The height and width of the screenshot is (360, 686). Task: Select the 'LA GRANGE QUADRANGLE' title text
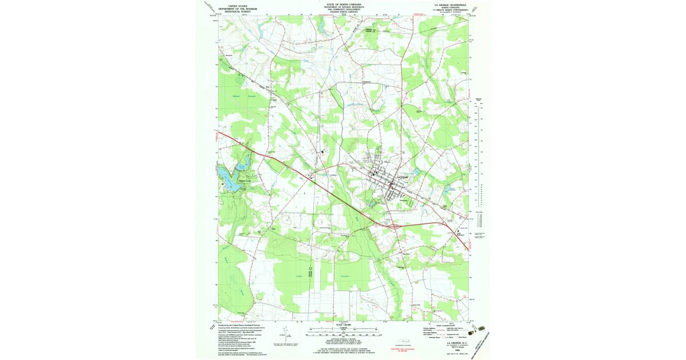450,4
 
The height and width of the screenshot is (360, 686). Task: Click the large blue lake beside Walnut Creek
229,178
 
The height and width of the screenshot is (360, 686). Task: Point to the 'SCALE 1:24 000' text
343,324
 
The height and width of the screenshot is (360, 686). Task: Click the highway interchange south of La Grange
391,226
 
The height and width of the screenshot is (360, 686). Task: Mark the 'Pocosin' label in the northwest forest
252,96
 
